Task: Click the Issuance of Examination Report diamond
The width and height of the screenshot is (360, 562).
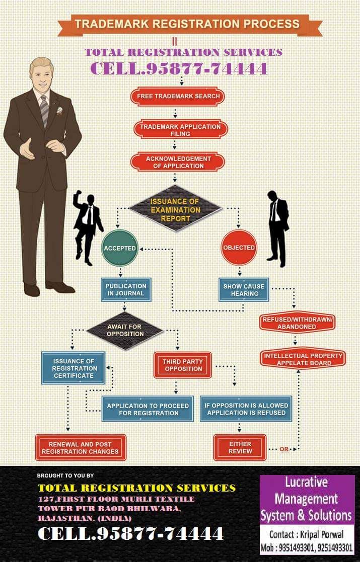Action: pos(175,210)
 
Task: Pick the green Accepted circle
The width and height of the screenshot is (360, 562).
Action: pos(119,248)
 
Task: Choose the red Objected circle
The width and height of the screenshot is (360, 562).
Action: pos(239,248)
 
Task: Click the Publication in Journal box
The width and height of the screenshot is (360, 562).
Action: pos(125,289)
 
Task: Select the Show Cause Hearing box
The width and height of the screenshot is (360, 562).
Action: pos(244,290)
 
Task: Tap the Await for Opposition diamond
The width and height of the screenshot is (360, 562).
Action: pos(124,330)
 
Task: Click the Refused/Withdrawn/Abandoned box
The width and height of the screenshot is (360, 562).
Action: pos(297,323)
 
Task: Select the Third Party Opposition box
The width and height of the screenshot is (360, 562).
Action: pos(182,365)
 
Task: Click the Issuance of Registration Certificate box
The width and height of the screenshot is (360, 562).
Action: pos(74,368)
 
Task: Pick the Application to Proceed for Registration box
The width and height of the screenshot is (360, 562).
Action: pos(148,409)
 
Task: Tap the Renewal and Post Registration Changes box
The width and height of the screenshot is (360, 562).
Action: pos(80,448)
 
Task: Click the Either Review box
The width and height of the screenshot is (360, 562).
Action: pos(240,448)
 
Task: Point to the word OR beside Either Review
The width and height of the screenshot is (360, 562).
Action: pos(284,449)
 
